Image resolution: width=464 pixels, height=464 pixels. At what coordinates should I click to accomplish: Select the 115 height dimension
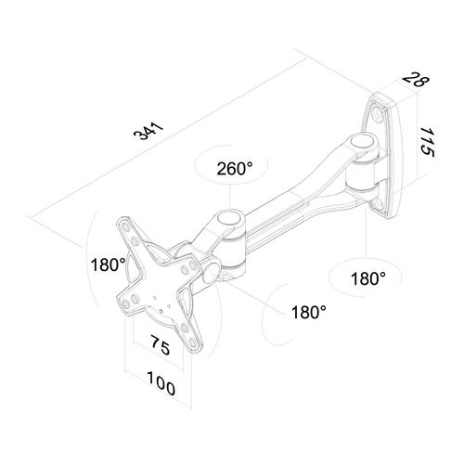pos(428,140)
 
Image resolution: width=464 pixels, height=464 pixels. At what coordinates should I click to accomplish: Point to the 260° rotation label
pos(234,169)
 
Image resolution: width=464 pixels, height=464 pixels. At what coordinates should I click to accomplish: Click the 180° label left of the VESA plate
pos(110,264)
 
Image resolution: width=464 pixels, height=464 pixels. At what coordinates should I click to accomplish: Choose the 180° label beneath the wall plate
pos(370,277)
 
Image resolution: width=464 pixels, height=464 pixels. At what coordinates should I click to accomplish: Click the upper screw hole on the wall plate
pos(381,115)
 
